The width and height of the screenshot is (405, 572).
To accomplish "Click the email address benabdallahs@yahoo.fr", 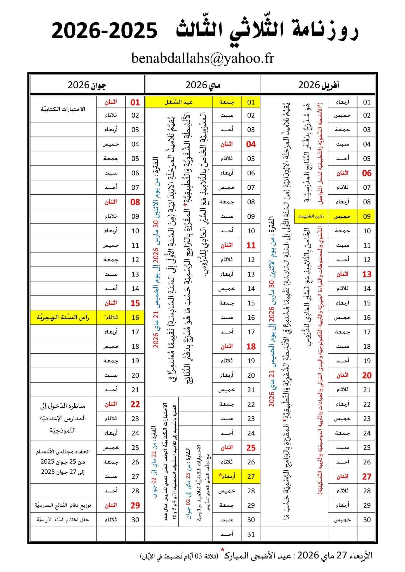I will [x=202, y=58].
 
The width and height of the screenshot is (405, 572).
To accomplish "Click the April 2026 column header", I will [x=318, y=85].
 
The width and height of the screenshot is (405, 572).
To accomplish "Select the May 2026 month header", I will [x=203, y=85].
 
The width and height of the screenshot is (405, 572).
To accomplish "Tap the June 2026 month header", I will [x=87, y=85].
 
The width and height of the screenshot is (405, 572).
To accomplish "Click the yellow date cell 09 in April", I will [x=366, y=216].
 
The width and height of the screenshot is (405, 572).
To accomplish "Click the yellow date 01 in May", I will [x=251, y=102].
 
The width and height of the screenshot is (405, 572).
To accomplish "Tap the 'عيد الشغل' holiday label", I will [x=178, y=102].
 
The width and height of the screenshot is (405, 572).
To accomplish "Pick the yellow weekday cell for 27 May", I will [x=227, y=476].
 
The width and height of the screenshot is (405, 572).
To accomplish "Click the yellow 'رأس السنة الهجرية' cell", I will [x=63, y=318].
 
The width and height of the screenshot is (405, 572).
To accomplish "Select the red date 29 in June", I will [x=135, y=505].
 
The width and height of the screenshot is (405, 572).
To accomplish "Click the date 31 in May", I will [x=251, y=534].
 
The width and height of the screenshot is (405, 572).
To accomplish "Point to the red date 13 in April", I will [x=366, y=274].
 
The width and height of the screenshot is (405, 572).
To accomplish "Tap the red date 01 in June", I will [x=135, y=102].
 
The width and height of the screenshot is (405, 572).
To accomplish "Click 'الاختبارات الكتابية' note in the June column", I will [x=63, y=109].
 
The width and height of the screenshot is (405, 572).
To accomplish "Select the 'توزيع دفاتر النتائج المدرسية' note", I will [x=63, y=505].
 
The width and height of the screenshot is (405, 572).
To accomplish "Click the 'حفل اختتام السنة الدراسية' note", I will [x=63, y=520].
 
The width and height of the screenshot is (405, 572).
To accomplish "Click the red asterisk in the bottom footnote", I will [x=223, y=550].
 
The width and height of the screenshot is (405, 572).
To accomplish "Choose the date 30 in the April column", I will [x=366, y=520].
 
